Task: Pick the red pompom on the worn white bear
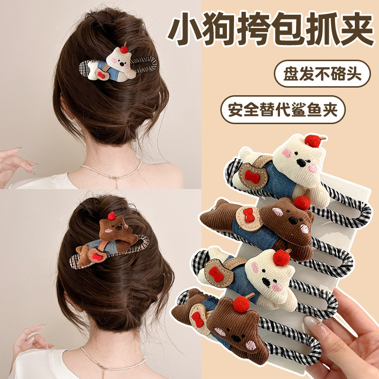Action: pyautogui.click(x=124, y=48)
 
